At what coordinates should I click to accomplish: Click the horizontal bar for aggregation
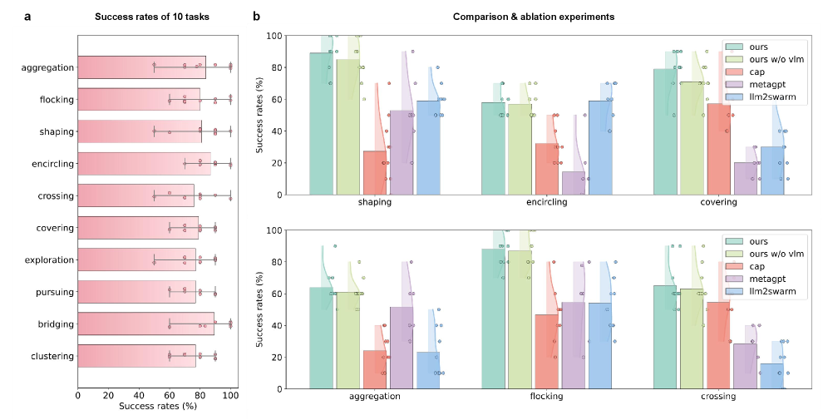tap(141, 68)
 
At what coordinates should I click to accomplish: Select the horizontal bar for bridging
tap(145, 324)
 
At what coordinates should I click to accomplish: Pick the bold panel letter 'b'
tap(257, 16)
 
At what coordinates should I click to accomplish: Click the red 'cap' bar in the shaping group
tap(375, 172)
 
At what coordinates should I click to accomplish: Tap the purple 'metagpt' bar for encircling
tap(573, 183)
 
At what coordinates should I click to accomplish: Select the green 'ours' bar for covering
tap(665, 131)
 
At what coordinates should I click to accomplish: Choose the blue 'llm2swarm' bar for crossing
tap(771, 376)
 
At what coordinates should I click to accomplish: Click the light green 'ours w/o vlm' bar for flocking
tap(520, 319)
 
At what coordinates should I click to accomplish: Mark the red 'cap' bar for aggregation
tap(375, 369)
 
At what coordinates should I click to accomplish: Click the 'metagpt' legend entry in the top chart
tap(764, 84)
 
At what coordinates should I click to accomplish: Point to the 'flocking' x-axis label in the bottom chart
tap(546, 397)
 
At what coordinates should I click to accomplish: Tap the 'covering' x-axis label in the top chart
tap(718, 202)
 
